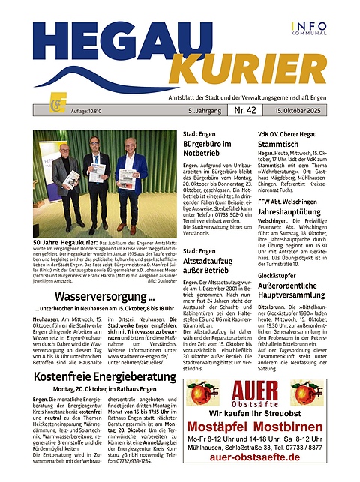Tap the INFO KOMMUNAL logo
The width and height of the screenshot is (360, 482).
308,28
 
